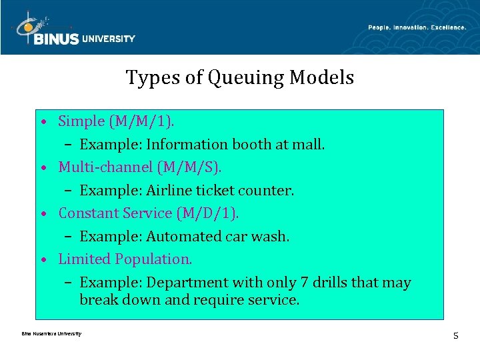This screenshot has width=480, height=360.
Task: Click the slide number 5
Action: (x=455, y=335)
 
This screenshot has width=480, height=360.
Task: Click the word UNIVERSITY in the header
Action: (x=109, y=39)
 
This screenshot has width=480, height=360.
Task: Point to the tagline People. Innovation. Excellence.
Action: (x=417, y=27)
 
